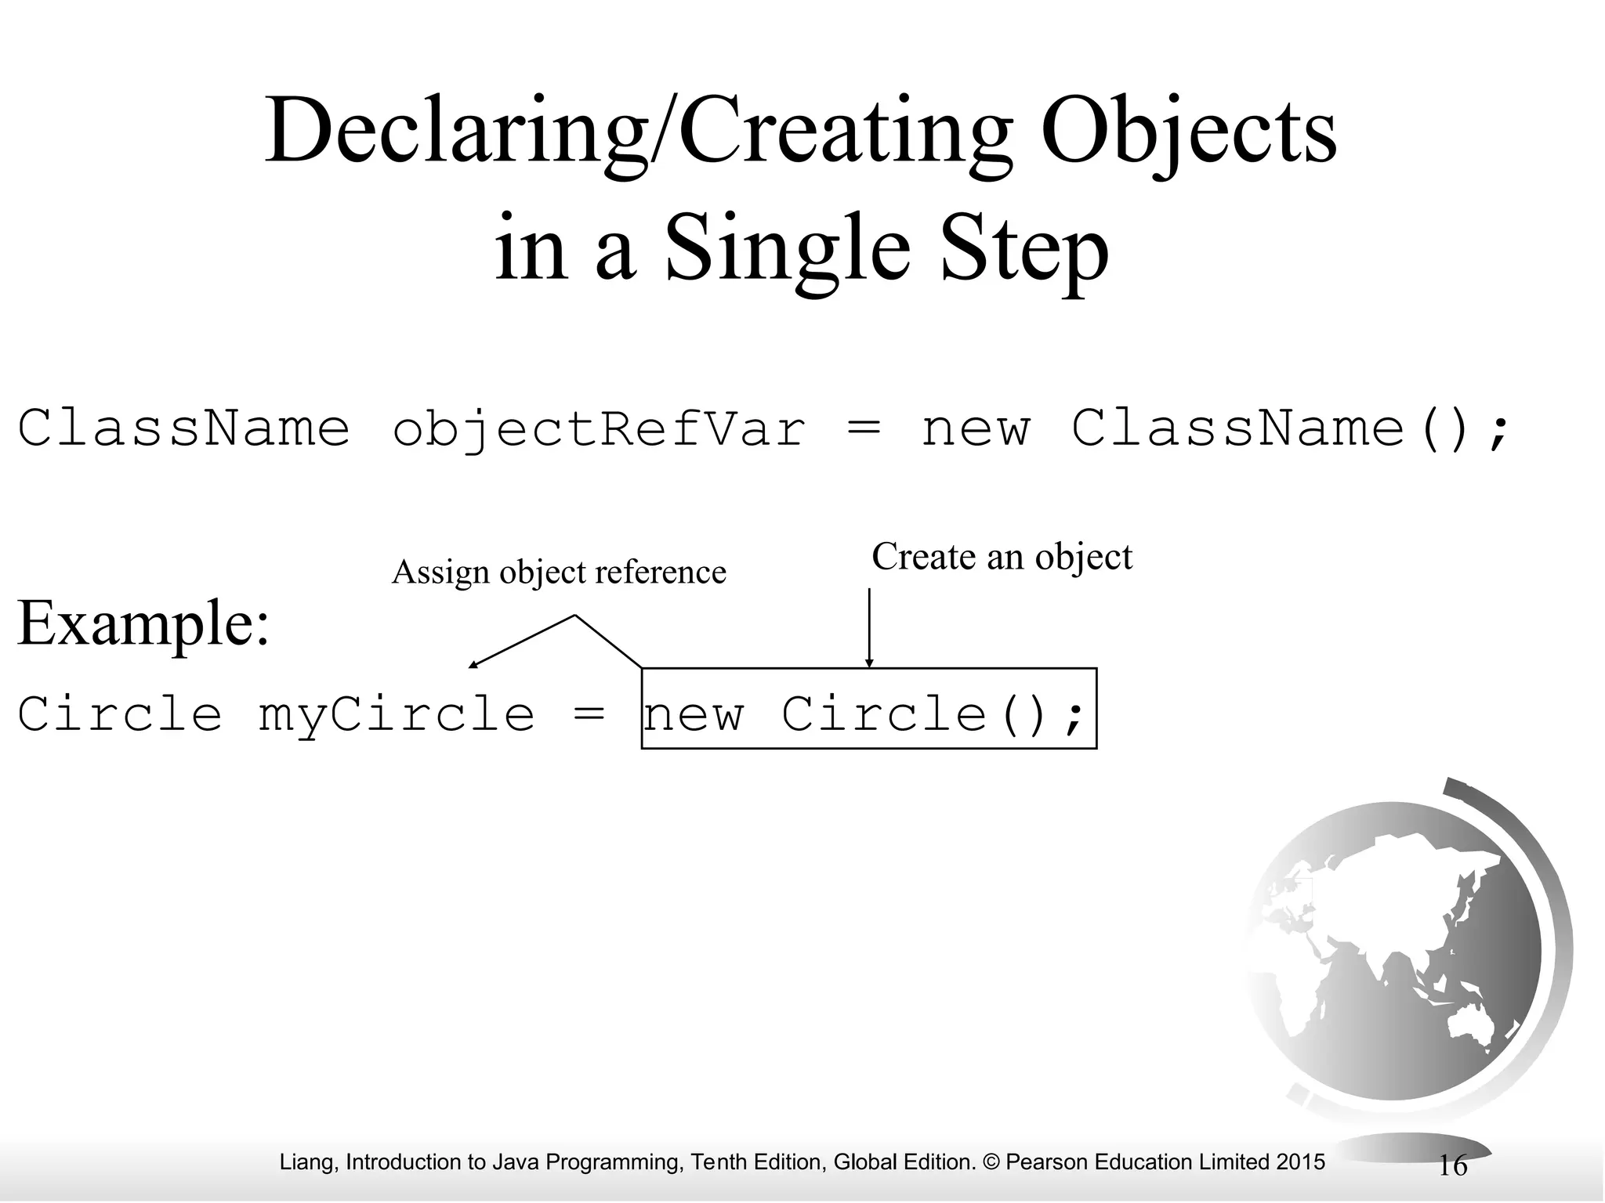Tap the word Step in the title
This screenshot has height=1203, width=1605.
point(1024,247)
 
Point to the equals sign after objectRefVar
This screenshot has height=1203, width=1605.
point(864,428)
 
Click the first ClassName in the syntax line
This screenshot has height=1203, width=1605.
point(183,429)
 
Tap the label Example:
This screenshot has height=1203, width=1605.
point(143,623)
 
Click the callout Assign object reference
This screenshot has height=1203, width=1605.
point(559,572)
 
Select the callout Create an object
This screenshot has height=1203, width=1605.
point(1002,557)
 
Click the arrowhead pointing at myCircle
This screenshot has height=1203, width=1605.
point(472,665)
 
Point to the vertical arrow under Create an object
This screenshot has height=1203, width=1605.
point(868,627)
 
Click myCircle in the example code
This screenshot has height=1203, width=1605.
point(397,715)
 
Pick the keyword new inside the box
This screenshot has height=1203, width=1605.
point(694,715)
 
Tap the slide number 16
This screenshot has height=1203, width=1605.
point(1453,1165)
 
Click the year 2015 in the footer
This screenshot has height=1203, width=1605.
point(1300,1161)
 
